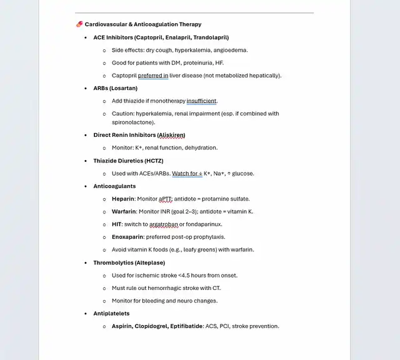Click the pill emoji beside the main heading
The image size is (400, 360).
coord(79,24)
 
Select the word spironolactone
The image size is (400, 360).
coord(133,122)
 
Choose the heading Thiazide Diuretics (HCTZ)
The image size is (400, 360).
coord(128,161)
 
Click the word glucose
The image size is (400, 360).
coord(242,173)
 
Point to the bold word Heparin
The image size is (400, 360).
coord(122,199)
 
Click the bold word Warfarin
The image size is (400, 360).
coord(124,211)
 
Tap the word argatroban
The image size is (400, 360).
coord(162,224)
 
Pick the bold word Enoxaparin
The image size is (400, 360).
coord(127,237)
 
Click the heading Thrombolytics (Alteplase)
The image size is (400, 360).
coord(129,262)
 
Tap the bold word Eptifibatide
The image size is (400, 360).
coord(183,326)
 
